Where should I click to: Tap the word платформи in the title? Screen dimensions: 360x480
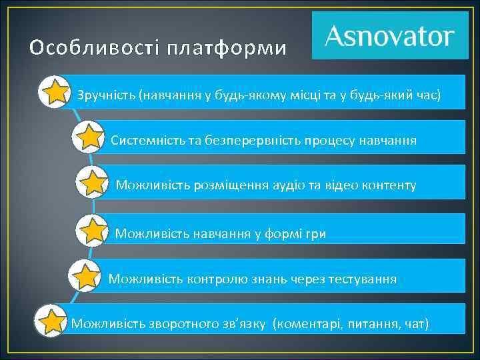pyautogui.click(x=227, y=49)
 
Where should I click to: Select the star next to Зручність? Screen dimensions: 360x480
pyautogui.click(x=55, y=93)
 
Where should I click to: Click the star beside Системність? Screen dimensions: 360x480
pyautogui.click(x=89, y=139)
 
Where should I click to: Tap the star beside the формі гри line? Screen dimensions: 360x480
pyautogui.click(x=93, y=231)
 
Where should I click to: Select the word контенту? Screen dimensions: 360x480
pyautogui.click(x=389, y=185)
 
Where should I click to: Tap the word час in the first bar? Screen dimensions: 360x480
pyautogui.click(x=426, y=95)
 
